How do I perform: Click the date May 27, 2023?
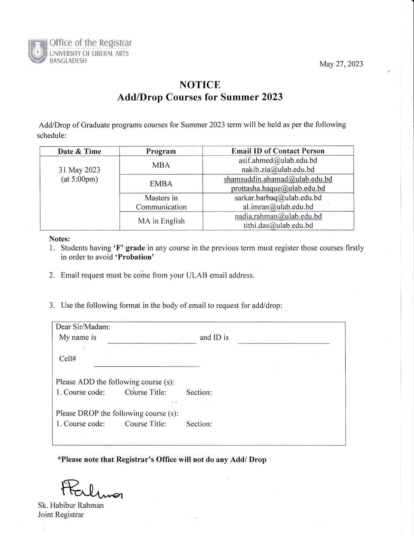(x=341, y=64)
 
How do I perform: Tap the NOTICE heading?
(x=200, y=85)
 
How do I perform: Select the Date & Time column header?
(x=79, y=151)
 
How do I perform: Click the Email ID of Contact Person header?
(x=278, y=151)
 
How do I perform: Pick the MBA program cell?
(x=161, y=165)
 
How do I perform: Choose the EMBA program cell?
(x=161, y=184)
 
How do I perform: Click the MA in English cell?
(x=161, y=221)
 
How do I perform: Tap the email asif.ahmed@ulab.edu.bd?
(x=278, y=160)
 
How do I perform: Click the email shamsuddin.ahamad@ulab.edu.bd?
(x=278, y=179)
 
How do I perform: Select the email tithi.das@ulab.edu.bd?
(x=278, y=225)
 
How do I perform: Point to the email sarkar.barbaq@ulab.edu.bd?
(x=278, y=198)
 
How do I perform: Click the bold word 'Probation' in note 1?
(x=134, y=257)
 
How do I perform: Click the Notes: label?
(x=59, y=239)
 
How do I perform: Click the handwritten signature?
(x=92, y=489)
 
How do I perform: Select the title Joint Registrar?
(x=61, y=515)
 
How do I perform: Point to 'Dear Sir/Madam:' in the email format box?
(x=83, y=327)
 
